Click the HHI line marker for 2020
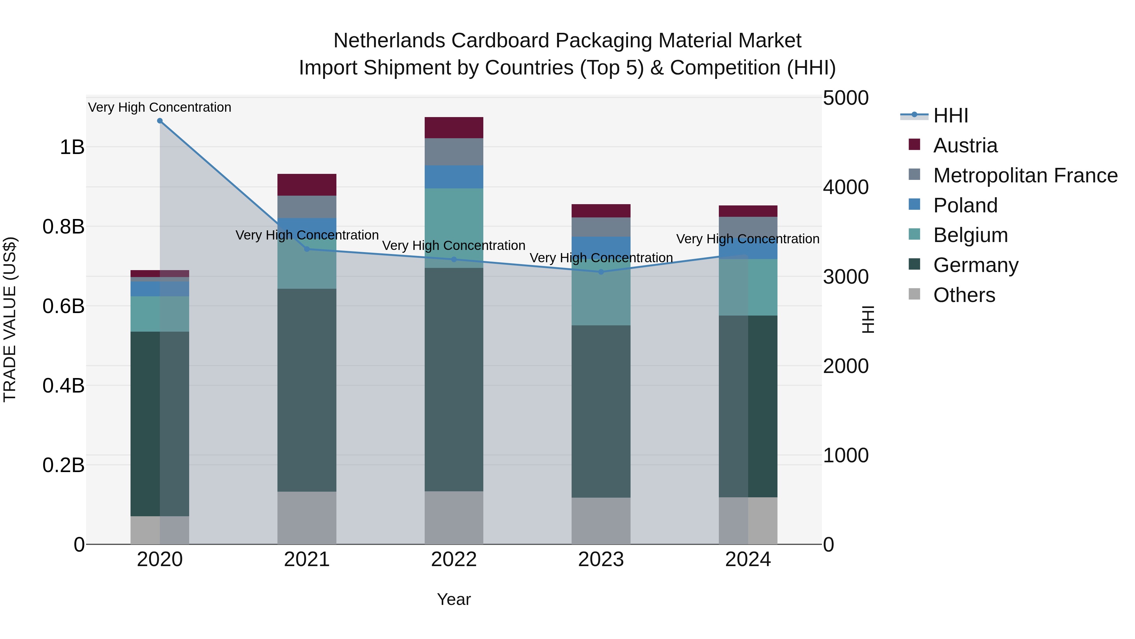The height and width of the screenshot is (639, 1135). [160, 121]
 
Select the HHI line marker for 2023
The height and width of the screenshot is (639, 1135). [601, 272]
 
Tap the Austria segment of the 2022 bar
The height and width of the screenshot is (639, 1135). [454, 128]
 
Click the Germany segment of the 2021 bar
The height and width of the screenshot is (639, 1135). [307, 390]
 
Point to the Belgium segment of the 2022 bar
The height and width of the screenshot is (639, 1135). [454, 228]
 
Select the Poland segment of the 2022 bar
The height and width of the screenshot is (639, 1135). [454, 177]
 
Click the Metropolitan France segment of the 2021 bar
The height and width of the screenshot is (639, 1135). [307, 207]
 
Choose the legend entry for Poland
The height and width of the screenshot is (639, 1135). [965, 205]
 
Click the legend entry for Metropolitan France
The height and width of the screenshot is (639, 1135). [1025, 175]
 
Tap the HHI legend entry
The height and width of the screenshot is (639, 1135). [950, 115]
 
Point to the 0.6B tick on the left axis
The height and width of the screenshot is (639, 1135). [63, 306]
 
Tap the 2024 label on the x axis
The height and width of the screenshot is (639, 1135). [748, 559]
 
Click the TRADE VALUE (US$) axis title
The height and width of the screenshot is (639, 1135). [10, 320]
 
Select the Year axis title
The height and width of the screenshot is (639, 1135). [454, 599]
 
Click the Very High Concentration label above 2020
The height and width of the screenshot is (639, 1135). [160, 107]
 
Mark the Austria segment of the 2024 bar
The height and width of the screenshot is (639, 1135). [748, 211]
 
